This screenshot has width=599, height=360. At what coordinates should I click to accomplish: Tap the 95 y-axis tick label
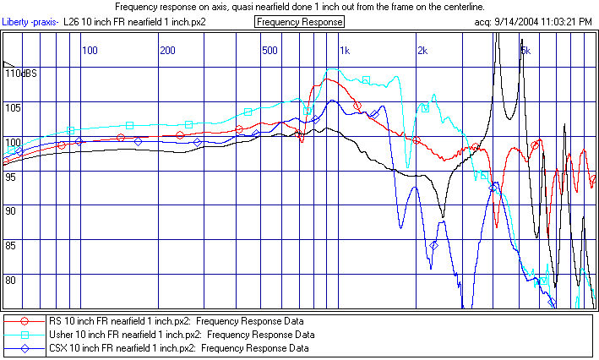[x=12, y=177]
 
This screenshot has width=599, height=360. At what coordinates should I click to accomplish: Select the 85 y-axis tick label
[x=12, y=246]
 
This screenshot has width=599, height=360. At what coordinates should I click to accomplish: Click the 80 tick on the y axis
[x=12, y=281]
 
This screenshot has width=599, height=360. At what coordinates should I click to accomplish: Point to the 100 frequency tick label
[x=89, y=51]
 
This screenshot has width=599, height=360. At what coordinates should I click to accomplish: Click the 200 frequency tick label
[x=167, y=51]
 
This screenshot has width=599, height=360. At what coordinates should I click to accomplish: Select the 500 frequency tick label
[x=270, y=51]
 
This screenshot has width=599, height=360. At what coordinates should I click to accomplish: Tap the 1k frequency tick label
[x=344, y=51]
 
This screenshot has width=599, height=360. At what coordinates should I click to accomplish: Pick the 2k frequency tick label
[x=422, y=51]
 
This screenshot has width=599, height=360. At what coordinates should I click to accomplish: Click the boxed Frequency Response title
[x=299, y=21]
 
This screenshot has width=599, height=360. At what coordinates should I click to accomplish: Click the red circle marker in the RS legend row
[x=25, y=321]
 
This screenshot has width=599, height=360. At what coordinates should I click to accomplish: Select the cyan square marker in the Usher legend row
[x=25, y=335]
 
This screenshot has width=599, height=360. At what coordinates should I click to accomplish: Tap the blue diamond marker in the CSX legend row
[x=25, y=348]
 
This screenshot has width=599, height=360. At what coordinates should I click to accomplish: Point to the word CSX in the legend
[x=57, y=348]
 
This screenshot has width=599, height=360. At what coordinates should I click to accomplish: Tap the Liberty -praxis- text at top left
[x=30, y=21]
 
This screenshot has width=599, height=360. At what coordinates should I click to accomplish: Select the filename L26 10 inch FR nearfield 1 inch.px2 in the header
[x=135, y=21]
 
